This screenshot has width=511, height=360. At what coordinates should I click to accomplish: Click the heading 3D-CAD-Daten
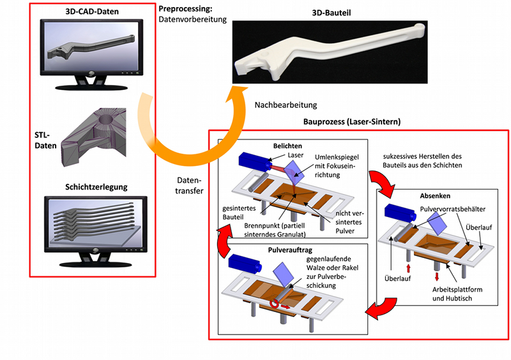pos(92,11)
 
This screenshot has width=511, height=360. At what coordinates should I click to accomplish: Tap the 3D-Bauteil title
pos(332,13)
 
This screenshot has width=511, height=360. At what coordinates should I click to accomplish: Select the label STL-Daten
pos(45,140)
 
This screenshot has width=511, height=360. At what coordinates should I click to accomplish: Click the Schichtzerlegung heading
pos(96,187)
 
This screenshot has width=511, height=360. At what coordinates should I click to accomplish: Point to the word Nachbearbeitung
pos(286,105)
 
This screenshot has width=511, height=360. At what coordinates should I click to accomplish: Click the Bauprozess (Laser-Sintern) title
pos(352,122)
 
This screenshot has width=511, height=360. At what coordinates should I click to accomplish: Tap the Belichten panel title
pos(287,146)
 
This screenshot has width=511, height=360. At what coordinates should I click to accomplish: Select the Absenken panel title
pos(435,196)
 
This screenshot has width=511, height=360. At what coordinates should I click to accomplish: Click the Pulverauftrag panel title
pos(290,250)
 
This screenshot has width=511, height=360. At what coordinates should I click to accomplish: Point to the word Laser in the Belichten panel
pos(296,155)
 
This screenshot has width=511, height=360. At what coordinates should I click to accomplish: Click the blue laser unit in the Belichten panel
pos(255,161)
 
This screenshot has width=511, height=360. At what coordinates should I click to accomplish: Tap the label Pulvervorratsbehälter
pos(453,209)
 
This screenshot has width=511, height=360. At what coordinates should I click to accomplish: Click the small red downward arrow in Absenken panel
pos(437,276)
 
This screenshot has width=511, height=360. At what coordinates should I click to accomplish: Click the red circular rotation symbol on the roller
pos(274,304)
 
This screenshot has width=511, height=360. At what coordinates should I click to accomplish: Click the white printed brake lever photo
pos(330,52)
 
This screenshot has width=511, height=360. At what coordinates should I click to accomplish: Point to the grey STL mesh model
pos(93,137)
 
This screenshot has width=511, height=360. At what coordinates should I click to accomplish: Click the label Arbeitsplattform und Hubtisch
pos(457,294)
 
